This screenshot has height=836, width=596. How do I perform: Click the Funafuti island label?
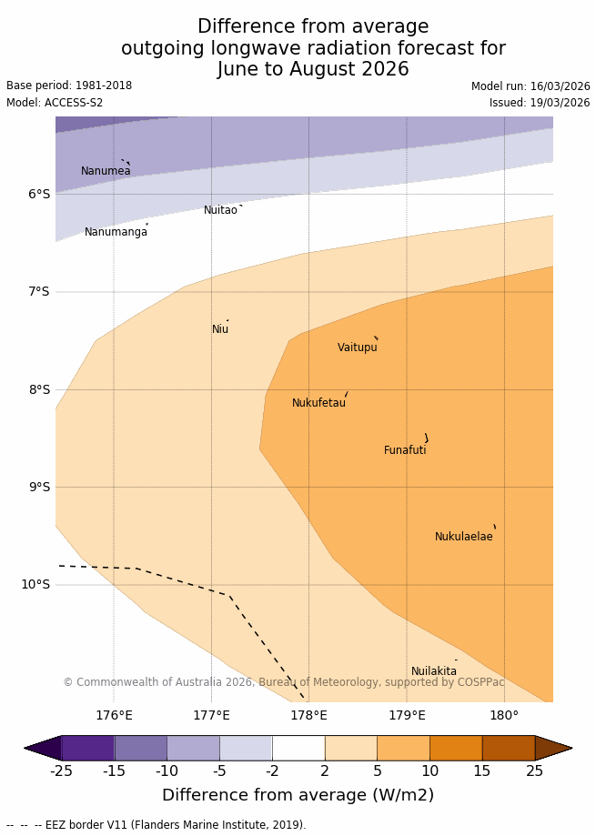point(405,450)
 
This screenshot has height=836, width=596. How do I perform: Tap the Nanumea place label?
point(106,171)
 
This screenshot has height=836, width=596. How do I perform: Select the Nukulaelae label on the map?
point(463,537)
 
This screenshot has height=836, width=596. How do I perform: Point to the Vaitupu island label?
point(357,347)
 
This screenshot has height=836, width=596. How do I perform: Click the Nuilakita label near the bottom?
point(434,671)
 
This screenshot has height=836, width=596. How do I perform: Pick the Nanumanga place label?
point(116,232)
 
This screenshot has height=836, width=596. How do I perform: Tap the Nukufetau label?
point(318,403)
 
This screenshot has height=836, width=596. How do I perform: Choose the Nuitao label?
point(220,210)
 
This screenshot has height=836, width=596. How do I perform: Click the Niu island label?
point(220,329)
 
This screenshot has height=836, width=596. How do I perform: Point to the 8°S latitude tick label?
point(38,389)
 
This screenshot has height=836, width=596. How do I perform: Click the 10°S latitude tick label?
point(35,584)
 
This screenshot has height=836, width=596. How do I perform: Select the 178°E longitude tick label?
point(308,715)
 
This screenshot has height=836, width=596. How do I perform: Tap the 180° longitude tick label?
point(504,715)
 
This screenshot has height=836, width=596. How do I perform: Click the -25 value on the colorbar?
point(61,771)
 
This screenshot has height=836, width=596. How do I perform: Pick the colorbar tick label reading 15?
point(482,771)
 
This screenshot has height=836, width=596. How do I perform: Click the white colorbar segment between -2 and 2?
point(298,748)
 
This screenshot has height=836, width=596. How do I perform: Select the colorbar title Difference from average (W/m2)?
point(298,795)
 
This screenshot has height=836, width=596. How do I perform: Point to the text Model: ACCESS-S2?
point(55,103)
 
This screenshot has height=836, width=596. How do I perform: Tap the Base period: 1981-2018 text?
point(69,86)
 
